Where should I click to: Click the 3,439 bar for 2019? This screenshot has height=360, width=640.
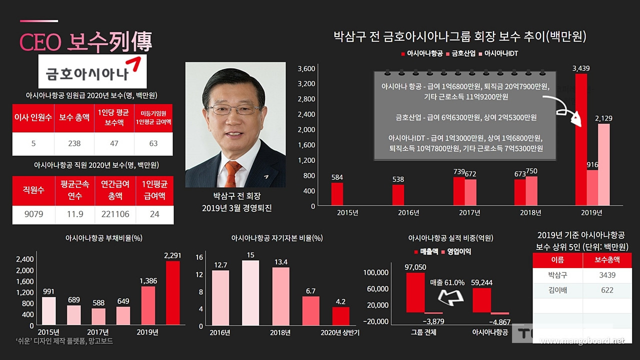click(x=581, y=140)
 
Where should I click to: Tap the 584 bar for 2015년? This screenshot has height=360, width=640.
click(x=337, y=194)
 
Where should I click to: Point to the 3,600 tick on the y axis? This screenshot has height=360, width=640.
click(x=306, y=68)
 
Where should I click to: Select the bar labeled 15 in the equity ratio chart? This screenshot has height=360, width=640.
click(x=250, y=293)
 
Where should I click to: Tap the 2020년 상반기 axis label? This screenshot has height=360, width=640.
click(x=340, y=333)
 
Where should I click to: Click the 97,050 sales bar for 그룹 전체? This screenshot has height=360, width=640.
click(x=415, y=292)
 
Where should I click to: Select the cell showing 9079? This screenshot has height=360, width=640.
click(x=33, y=214)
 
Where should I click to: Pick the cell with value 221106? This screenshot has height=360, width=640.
click(x=115, y=214)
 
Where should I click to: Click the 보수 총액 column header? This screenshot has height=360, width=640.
click(x=74, y=118)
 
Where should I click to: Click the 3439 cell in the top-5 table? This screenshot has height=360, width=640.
click(x=606, y=275)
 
